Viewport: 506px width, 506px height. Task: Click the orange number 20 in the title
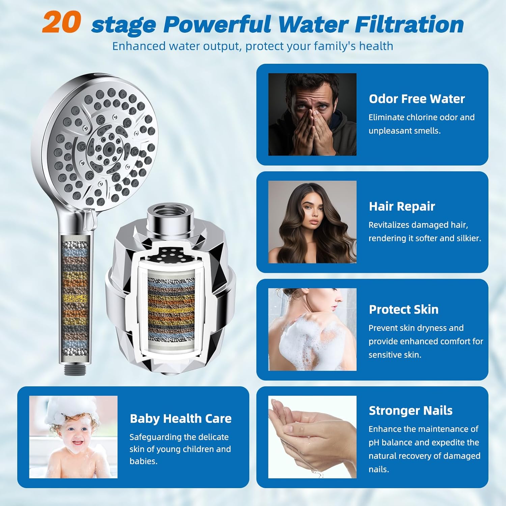click(x=62, y=22)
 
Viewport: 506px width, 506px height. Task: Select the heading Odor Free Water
click(x=417, y=99)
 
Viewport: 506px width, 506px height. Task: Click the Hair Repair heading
click(x=402, y=206)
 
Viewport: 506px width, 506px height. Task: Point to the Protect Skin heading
click(x=403, y=309)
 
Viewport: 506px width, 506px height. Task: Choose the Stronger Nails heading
click(x=411, y=411)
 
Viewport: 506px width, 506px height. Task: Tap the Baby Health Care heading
click(x=180, y=419)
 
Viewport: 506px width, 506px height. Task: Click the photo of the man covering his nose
click(x=312, y=114)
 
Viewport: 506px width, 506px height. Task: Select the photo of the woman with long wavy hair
click(x=312, y=222)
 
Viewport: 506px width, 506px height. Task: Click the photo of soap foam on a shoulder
click(x=312, y=329)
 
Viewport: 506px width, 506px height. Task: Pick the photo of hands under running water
click(x=312, y=437)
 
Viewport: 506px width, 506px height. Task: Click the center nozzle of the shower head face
click(x=108, y=147)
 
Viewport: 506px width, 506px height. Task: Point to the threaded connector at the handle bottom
click(x=75, y=369)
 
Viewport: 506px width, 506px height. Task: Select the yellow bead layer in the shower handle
click(x=75, y=299)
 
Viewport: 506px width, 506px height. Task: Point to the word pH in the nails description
click(x=374, y=443)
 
